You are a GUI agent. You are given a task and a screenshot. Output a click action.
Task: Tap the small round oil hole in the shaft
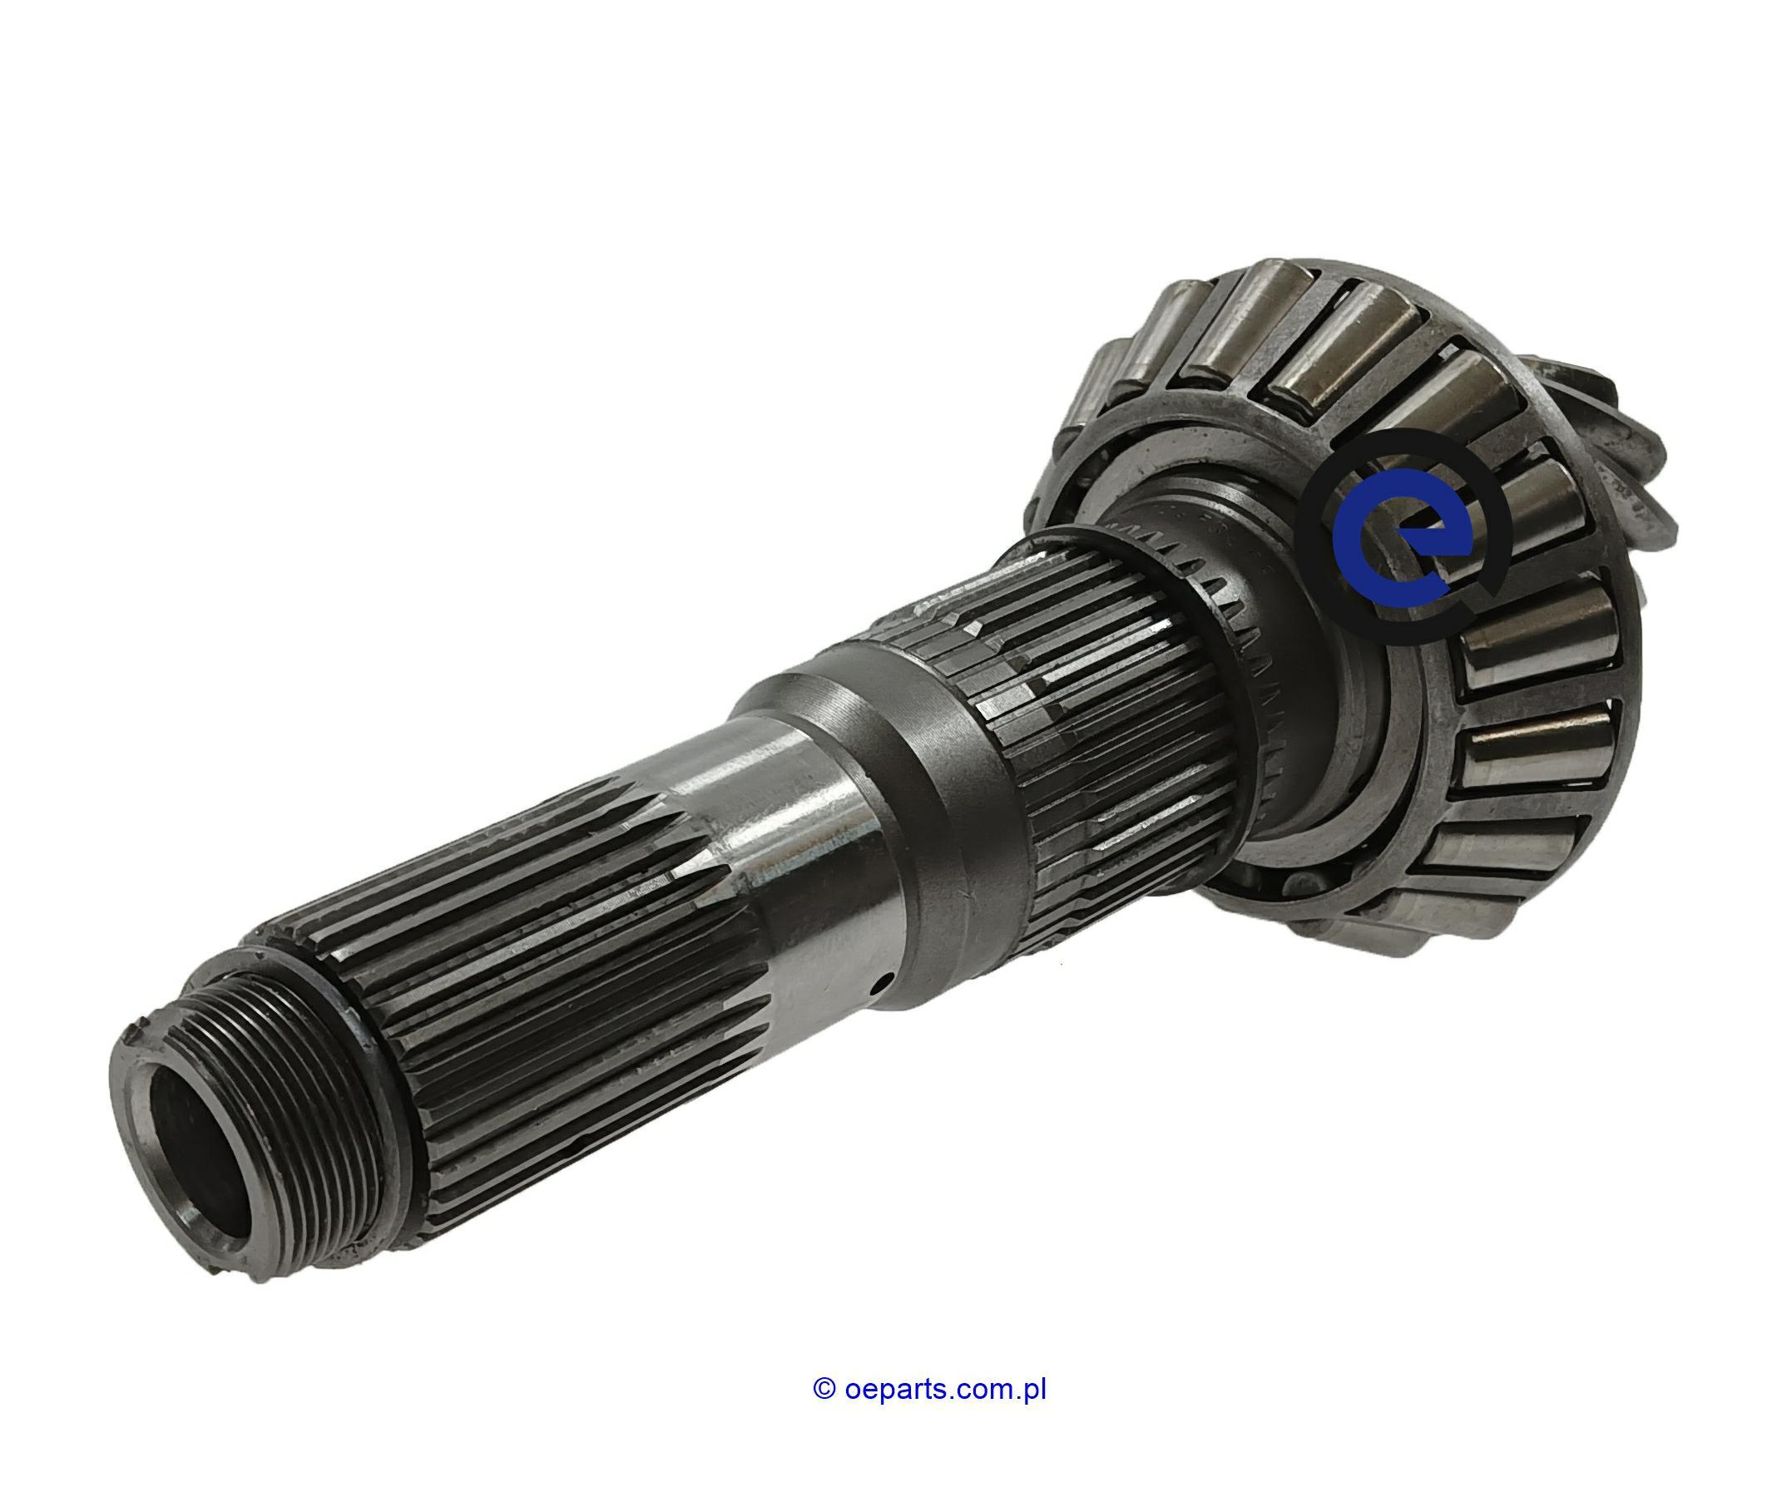pos(882,983)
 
